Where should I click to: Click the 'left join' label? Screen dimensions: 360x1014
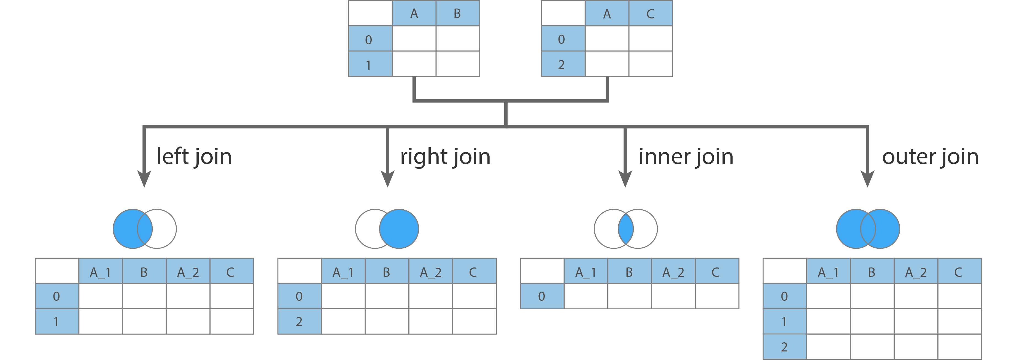click(x=194, y=157)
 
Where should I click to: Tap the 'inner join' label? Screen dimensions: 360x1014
click(x=686, y=157)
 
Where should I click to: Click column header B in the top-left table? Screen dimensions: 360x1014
click(x=457, y=14)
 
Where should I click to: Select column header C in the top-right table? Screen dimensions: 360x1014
click(x=650, y=14)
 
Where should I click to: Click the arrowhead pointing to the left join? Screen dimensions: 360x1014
click(x=144, y=179)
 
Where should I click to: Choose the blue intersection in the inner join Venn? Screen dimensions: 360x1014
click(x=625, y=229)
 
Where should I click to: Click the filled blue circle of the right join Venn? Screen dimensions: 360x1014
click(x=401, y=229)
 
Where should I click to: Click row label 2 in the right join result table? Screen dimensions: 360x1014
click(x=299, y=322)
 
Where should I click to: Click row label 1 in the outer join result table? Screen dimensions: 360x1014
click(x=784, y=322)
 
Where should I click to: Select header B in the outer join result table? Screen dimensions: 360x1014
click(x=872, y=272)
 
